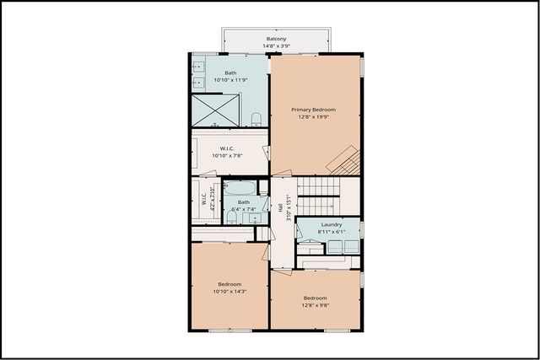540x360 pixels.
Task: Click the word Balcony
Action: (276, 40)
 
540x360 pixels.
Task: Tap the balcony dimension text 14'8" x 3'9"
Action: (276, 47)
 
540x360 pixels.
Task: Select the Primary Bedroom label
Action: (314, 110)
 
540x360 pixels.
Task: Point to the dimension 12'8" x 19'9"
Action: (314, 117)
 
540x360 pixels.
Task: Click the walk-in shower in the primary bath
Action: (215, 110)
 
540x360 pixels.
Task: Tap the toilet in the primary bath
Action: (256, 118)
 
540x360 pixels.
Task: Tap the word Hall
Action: (279, 208)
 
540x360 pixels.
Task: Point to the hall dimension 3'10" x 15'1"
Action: (287, 208)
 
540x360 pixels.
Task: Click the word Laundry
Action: (330, 224)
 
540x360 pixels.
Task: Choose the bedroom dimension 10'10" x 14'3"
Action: (229, 291)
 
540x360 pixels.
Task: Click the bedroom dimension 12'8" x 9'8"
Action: (315, 305)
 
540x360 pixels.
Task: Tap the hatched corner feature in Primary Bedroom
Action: (344, 159)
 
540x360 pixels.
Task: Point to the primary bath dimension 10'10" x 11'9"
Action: (230, 80)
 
